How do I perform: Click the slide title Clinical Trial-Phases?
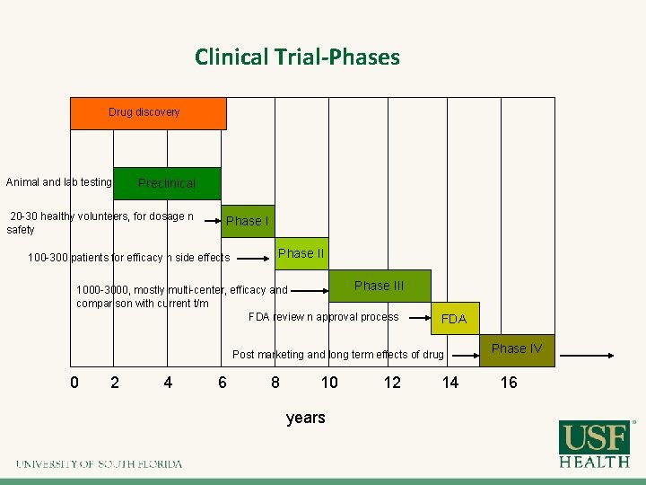click(297, 57)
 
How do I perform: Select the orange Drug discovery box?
click(148, 113)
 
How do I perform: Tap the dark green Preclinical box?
click(167, 183)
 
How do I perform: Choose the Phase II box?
click(301, 254)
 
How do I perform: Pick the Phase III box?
click(380, 286)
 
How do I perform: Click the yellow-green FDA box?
click(454, 319)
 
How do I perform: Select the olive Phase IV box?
click(518, 349)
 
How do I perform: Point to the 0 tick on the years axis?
click(74, 383)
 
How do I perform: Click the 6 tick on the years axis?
click(223, 383)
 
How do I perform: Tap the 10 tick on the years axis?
click(329, 383)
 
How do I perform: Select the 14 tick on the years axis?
click(450, 383)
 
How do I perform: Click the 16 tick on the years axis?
click(509, 383)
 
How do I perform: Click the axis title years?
click(305, 418)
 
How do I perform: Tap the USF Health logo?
click(594, 445)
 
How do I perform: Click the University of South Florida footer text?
click(99, 463)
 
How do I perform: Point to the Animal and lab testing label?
click(59, 182)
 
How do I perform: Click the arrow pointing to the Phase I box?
click(211, 220)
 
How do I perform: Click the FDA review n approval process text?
click(323, 317)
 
